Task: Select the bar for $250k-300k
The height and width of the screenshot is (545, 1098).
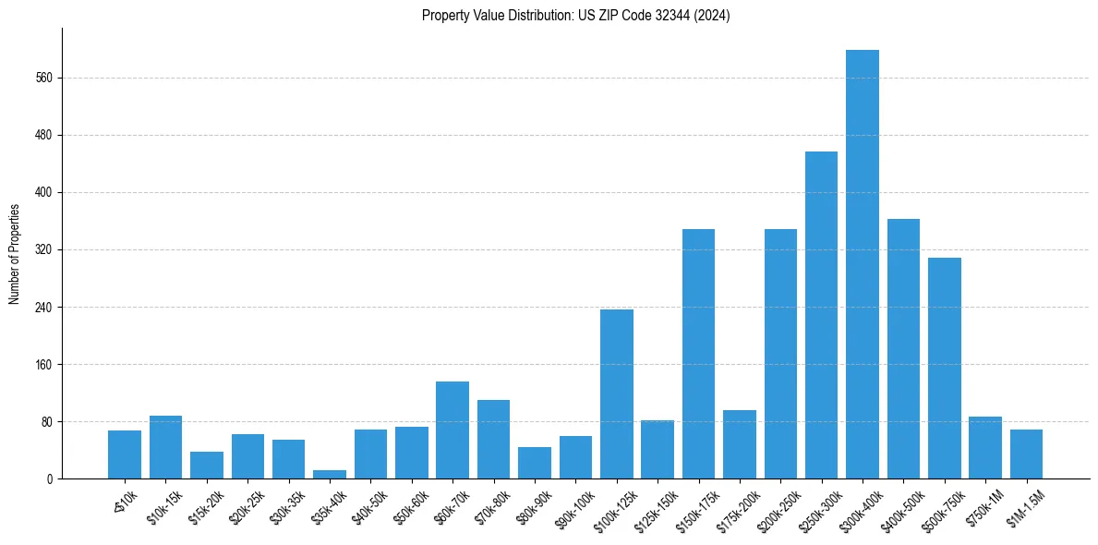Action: click(x=821, y=315)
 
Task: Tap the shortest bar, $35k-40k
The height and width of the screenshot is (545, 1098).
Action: click(x=330, y=474)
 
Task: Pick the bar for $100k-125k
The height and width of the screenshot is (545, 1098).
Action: click(x=616, y=394)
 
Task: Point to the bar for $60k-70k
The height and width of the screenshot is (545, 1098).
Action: click(x=452, y=430)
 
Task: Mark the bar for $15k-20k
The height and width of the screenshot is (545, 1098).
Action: click(x=207, y=465)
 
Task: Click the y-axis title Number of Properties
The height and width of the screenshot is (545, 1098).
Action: click(x=15, y=254)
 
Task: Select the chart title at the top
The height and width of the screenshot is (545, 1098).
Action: click(x=575, y=16)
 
